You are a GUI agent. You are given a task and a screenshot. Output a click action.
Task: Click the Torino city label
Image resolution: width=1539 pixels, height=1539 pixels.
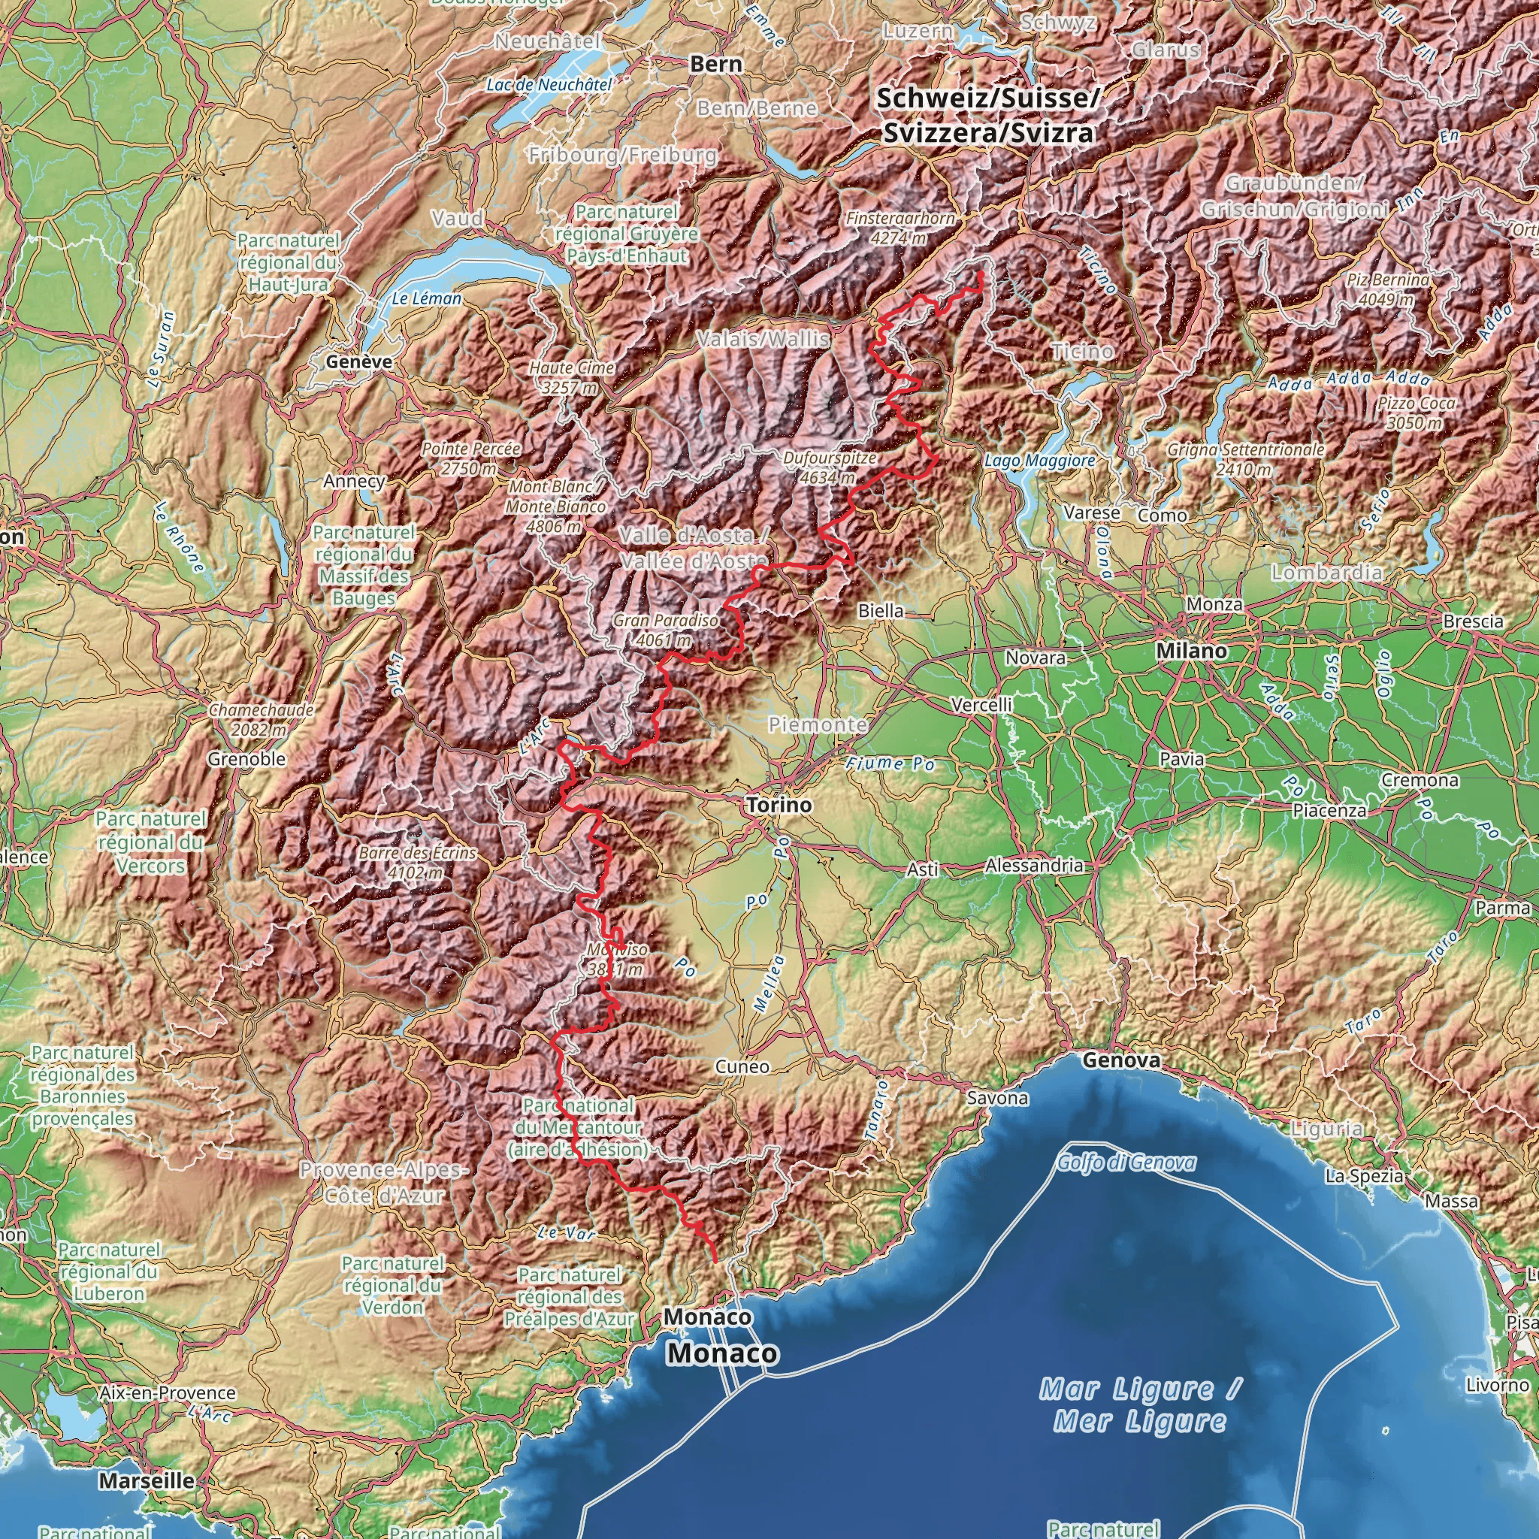click(779, 806)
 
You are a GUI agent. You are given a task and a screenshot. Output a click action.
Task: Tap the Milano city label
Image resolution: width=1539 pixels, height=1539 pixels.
click(1192, 651)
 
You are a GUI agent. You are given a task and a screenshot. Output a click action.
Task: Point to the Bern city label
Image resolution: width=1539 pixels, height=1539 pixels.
click(716, 64)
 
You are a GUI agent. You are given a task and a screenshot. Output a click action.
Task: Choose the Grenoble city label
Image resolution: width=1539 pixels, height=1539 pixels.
click(246, 759)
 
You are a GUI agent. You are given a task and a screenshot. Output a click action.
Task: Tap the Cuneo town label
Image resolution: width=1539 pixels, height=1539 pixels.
click(742, 1066)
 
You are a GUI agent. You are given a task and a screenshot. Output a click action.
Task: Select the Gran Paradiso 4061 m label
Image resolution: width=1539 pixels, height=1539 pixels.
click(664, 629)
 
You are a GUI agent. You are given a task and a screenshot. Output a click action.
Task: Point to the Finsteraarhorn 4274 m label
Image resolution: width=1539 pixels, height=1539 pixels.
click(900, 227)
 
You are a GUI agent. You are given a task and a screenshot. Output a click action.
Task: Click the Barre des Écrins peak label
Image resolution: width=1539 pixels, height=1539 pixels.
click(416, 863)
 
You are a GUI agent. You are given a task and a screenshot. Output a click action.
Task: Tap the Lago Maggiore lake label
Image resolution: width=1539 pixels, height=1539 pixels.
click(1039, 461)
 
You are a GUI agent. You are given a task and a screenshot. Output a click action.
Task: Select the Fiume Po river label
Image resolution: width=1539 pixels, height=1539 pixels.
click(889, 764)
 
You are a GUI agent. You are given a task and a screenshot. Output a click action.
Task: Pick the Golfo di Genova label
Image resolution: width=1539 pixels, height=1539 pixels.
click(1126, 1163)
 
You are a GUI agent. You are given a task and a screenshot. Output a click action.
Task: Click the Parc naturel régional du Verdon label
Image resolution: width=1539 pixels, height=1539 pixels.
click(392, 1285)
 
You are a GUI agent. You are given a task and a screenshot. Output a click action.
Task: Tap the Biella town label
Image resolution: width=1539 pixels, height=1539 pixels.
click(881, 610)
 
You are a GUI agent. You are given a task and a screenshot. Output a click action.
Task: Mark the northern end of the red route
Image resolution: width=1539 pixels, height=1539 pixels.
click(981, 274)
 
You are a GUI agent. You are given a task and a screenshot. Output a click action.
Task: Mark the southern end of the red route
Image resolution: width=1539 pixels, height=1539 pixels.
click(715, 1261)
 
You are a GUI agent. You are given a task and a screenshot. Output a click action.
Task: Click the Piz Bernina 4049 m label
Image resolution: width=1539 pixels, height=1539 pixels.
click(1388, 289)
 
